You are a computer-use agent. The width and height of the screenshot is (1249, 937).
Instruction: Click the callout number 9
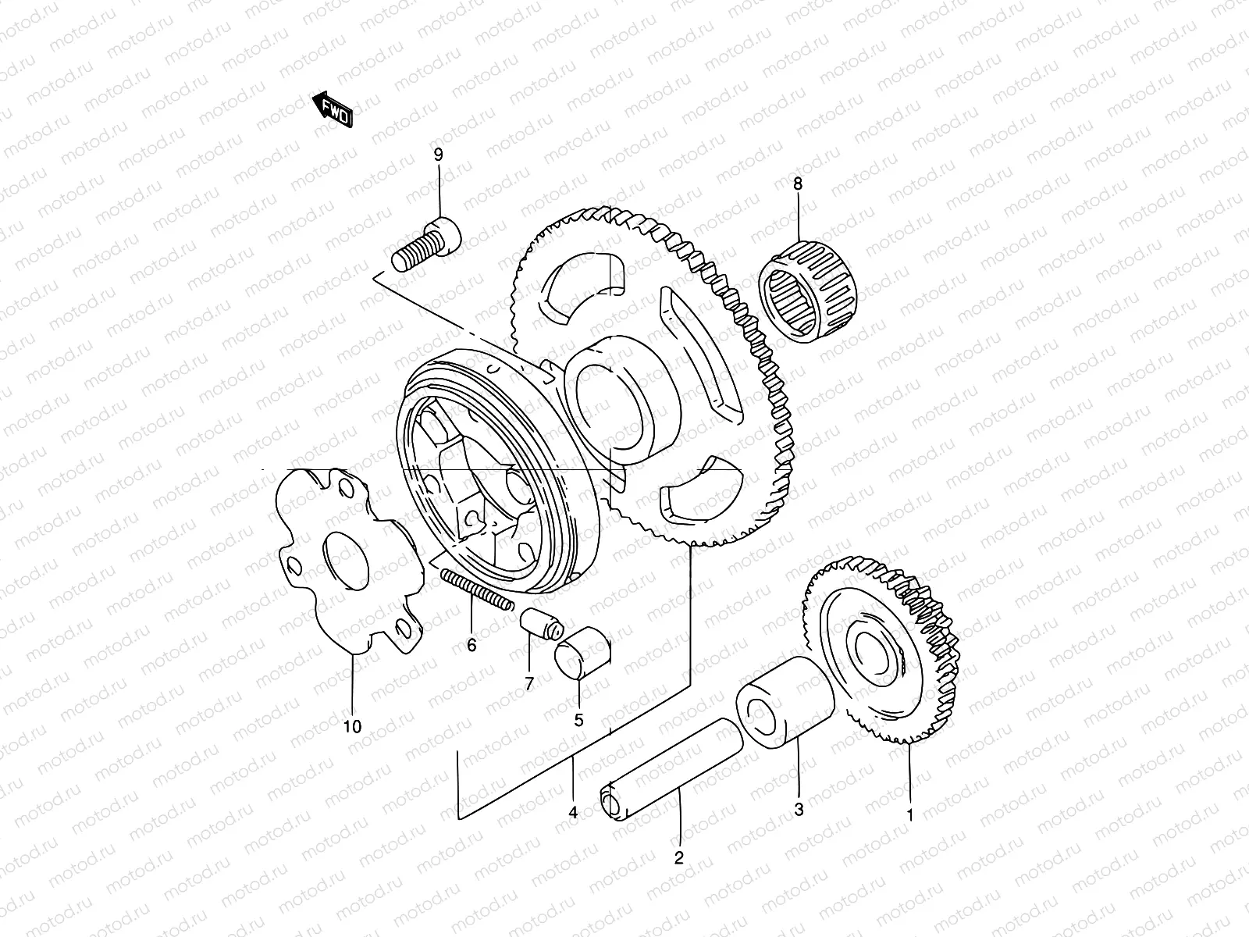pyautogui.click(x=438, y=155)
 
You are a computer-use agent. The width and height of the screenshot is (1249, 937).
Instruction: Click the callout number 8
pyautogui.click(x=797, y=184)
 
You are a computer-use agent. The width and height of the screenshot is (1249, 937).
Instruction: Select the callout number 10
pyautogui.click(x=352, y=727)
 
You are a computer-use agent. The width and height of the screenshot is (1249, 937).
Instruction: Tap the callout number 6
pyautogui.click(x=471, y=646)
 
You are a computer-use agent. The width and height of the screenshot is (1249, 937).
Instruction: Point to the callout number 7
pyautogui.click(x=529, y=684)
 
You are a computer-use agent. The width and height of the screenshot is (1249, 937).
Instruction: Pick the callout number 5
pyautogui.click(x=578, y=720)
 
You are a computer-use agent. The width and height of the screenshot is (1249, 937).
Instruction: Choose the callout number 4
pyautogui.click(x=573, y=813)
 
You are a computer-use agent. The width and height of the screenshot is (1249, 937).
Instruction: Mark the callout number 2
pyautogui.click(x=678, y=858)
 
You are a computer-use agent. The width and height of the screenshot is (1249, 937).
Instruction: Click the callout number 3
pyautogui.click(x=799, y=810)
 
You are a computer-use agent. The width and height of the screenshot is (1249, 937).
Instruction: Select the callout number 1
pyautogui.click(x=909, y=815)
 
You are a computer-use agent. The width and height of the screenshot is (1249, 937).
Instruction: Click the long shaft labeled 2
pyautogui.click(x=671, y=769)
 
